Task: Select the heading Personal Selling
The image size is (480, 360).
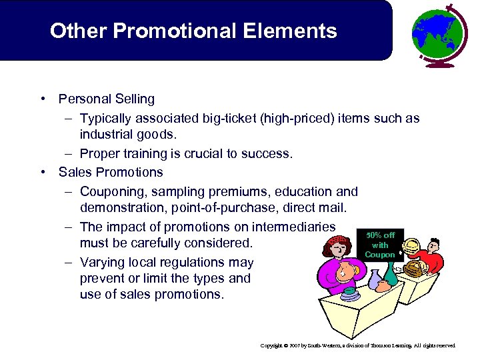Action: [107, 99]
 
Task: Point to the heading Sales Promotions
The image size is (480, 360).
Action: [111, 172]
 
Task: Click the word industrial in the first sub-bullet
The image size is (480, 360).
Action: [109, 135]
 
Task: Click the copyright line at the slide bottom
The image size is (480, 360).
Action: [358, 346]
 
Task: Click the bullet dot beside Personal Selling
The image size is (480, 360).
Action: [42, 99]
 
